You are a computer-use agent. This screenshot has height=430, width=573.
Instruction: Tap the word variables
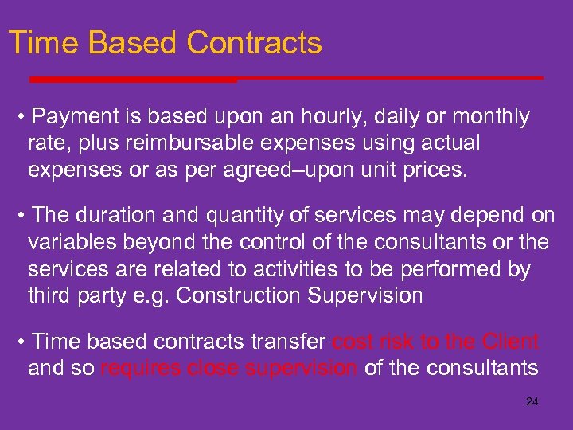point(67,243)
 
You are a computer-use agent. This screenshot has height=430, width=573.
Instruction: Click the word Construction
point(239,295)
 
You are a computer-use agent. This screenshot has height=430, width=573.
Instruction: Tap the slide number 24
point(532,402)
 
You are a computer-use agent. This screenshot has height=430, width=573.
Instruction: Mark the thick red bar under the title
point(133,80)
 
